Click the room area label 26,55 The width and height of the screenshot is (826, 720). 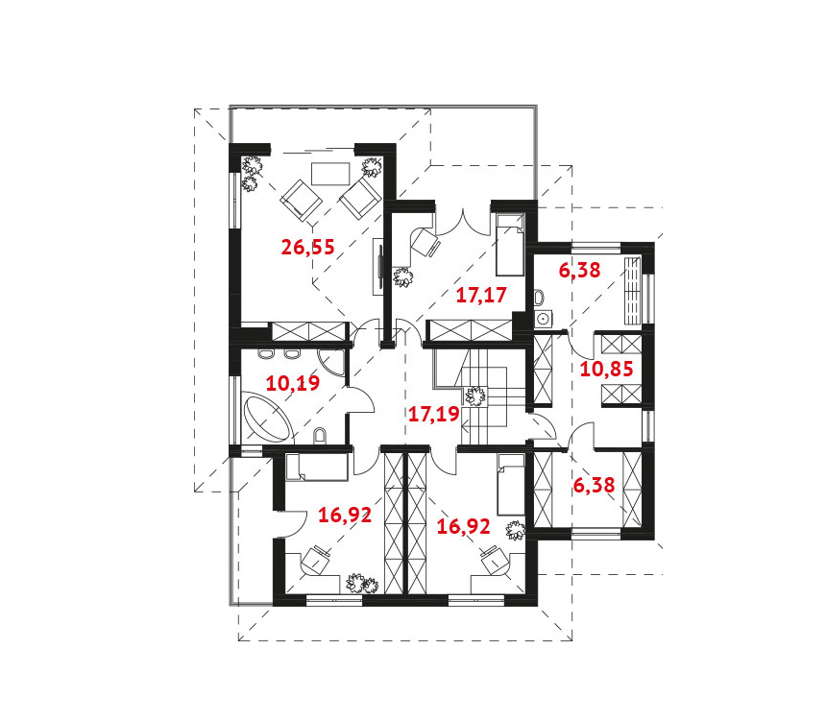tap(307, 247)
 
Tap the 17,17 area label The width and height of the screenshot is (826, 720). tap(481, 295)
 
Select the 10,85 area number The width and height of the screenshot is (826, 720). tap(606, 369)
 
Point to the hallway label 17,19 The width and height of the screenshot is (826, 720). tap(434, 414)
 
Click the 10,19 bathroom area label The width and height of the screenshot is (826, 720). tap(292, 383)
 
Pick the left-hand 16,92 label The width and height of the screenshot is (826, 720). tap(345, 515)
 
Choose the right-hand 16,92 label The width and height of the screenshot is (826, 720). tap(464, 526)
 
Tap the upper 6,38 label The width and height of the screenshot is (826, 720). tap(579, 270)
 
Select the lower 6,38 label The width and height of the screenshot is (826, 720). tap(594, 485)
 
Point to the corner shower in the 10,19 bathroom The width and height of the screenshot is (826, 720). tap(331, 363)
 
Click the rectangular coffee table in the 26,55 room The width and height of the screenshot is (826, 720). tap(330, 174)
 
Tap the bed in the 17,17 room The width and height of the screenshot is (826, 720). tap(510, 245)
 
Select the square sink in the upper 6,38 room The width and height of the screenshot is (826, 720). tap(543, 318)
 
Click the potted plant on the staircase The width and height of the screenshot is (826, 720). tap(475, 396)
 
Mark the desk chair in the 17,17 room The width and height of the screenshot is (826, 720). tap(425, 242)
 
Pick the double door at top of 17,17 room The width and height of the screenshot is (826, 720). tap(463, 223)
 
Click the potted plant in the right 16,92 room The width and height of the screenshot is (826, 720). tap(515, 530)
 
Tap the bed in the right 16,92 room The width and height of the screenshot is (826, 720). tap(511, 485)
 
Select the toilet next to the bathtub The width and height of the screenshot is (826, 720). tap(319, 436)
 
